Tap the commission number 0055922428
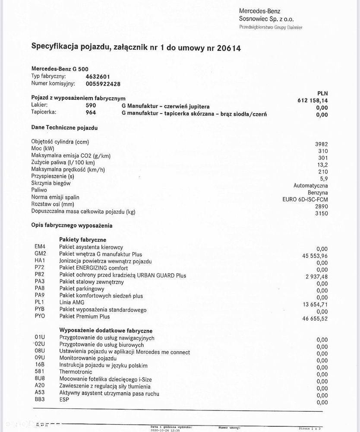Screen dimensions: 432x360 click(103, 84)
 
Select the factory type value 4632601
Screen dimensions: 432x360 click(98, 76)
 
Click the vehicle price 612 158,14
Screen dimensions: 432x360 click(310, 101)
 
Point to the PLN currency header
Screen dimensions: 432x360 click(322, 92)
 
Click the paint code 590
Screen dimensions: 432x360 click(91, 105)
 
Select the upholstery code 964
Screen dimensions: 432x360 click(91, 113)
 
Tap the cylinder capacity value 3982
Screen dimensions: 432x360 click(321, 144)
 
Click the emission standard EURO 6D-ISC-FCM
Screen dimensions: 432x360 click(305, 200)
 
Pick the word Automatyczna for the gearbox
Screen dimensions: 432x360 click(310, 186)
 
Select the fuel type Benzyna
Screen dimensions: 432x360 click(317, 193)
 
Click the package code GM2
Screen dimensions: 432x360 click(40, 254)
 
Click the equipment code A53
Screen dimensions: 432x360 click(40, 394)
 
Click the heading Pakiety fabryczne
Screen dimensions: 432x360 click(82, 239)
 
